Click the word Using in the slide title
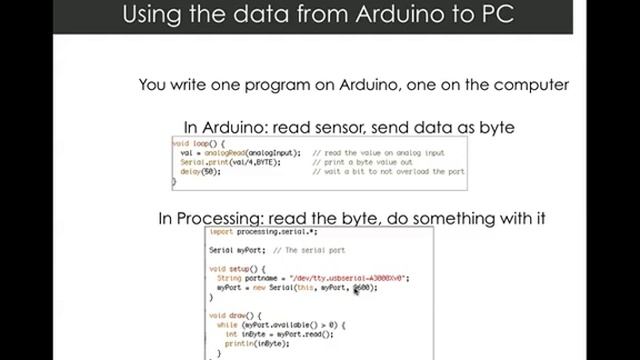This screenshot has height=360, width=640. coord(152,16)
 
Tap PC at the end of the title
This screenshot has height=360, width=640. coord(495,16)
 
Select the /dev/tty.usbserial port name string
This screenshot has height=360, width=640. coord(349,278)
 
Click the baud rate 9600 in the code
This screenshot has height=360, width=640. coord(362,287)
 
